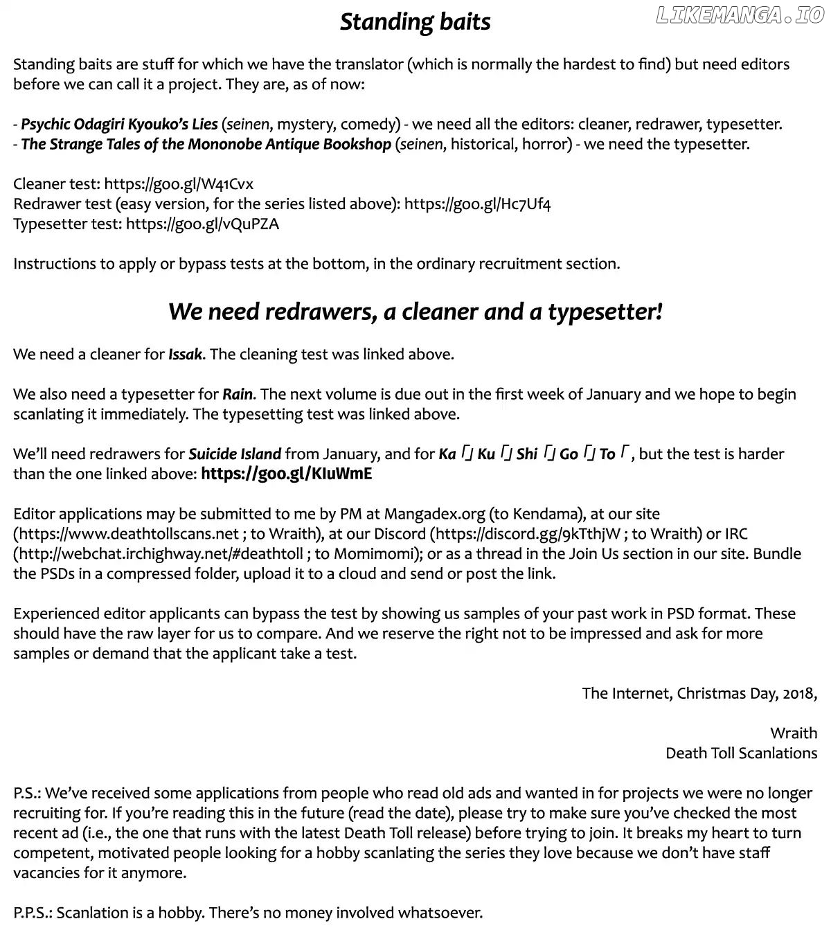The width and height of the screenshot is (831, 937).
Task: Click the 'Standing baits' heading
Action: (415, 22)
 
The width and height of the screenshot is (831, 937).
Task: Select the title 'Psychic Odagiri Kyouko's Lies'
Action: (119, 125)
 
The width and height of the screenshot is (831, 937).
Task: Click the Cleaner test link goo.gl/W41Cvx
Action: (179, 184)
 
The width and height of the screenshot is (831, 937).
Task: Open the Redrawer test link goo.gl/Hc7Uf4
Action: (477, 204)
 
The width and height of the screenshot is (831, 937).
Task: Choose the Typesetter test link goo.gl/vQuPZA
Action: (202, 224)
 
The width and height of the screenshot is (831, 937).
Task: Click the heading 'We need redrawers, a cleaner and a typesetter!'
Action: (415, 312)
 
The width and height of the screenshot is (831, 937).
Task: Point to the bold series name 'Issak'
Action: (185, 355)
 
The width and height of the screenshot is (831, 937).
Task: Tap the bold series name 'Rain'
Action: (238, 395)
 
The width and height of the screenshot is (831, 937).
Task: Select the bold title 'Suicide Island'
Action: (235, 454)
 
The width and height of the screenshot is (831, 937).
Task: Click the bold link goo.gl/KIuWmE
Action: (286, 474)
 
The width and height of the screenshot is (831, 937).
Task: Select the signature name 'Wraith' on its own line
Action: (793, 733)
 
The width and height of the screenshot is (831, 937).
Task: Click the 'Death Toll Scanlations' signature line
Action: (741, 753)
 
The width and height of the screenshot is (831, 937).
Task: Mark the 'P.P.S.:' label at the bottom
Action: (33, 913)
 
